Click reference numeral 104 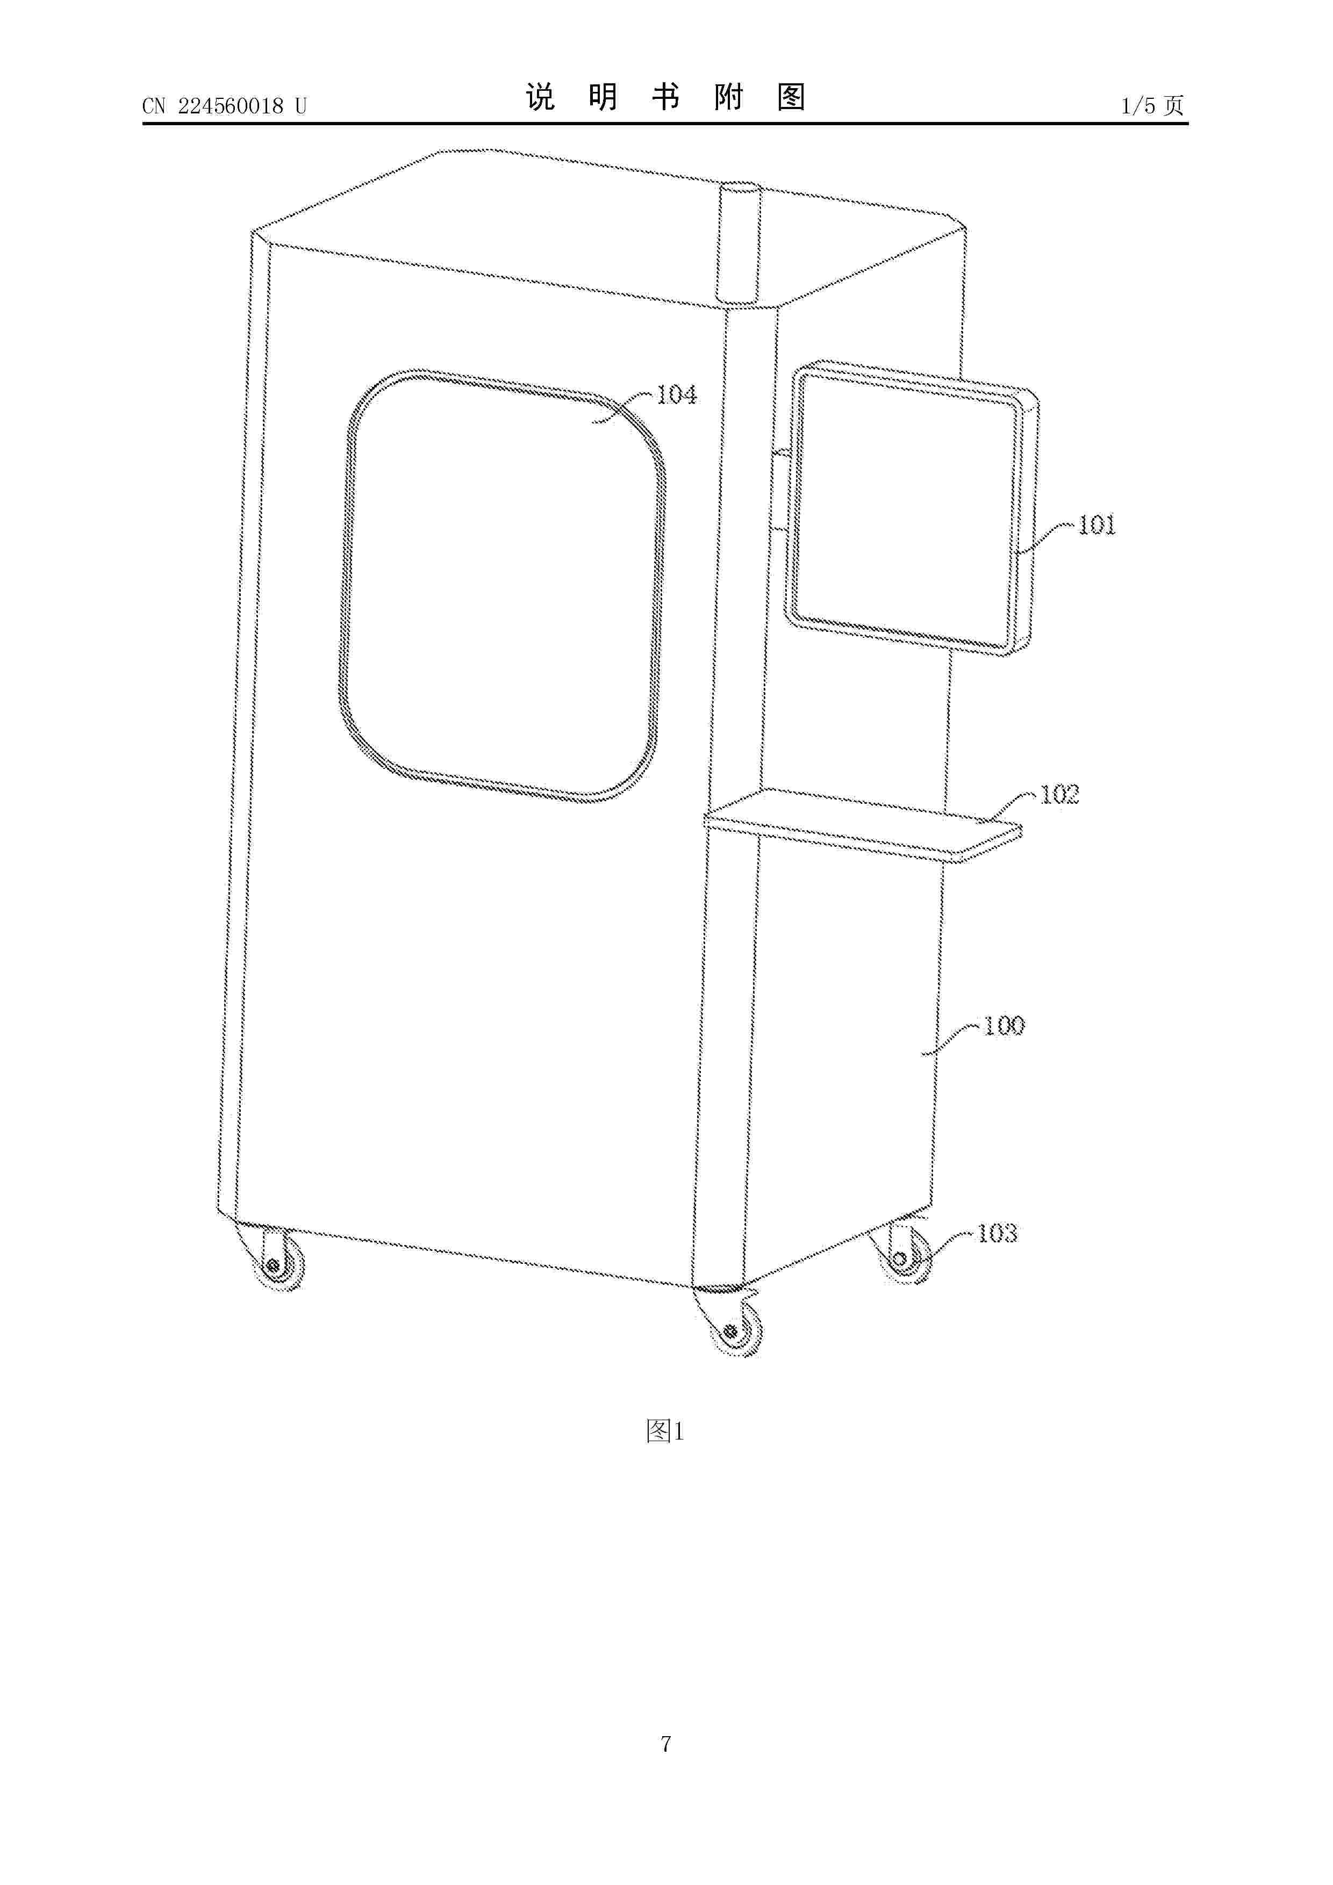click(x=677, y=395)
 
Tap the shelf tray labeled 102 click(x=864, y=825)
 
